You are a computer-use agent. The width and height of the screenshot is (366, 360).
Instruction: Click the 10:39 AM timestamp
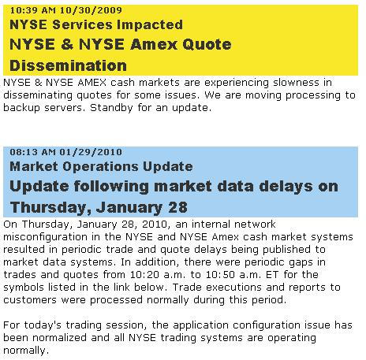[33, 10]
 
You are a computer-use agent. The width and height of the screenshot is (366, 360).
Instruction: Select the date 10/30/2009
[91, 10]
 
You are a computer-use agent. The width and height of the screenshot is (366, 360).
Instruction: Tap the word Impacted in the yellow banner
[150, 25]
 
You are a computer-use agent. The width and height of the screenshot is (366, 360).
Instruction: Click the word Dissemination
[69, 65]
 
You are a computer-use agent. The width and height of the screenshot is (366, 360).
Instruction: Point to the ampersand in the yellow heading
[67, 44]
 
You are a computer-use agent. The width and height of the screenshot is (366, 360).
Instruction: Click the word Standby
[111, 108]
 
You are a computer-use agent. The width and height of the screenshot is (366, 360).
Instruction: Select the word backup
[21, 108]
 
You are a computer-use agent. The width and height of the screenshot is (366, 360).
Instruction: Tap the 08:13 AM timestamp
[33, 152]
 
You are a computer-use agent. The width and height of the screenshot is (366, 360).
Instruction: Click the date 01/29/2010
[91, 152]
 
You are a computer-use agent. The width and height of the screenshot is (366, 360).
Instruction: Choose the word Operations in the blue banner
[101, 167]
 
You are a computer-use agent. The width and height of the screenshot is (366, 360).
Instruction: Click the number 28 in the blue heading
[177, 207]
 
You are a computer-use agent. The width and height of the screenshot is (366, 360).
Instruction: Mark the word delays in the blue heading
[286, 186]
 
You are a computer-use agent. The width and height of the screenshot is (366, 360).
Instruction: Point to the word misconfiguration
[45, 237]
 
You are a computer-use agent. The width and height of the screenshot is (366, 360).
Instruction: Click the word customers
[30, 300]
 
